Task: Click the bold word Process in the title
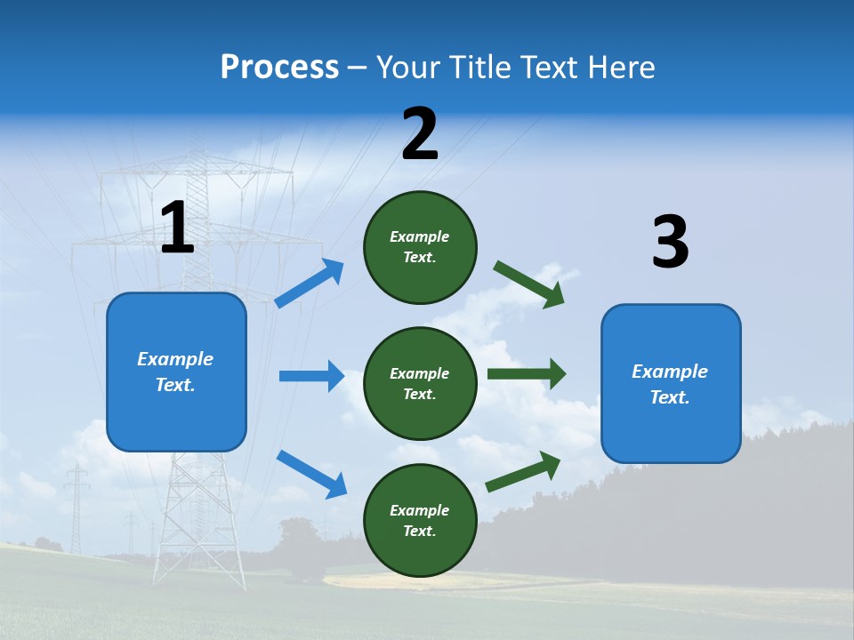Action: point(279,68)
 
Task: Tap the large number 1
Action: point(177,228)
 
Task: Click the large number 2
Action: point(420,135)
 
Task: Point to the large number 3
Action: point(670,243)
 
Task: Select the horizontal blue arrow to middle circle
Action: point(311,376)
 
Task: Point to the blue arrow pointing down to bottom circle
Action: point(311,473)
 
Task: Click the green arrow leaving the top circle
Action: point(528,284)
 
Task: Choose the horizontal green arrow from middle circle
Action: point(527,373)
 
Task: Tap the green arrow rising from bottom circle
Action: point(523,471)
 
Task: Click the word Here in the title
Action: point(623,68)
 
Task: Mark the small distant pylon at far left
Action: point(77,507)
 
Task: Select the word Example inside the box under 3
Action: point(670,372)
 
